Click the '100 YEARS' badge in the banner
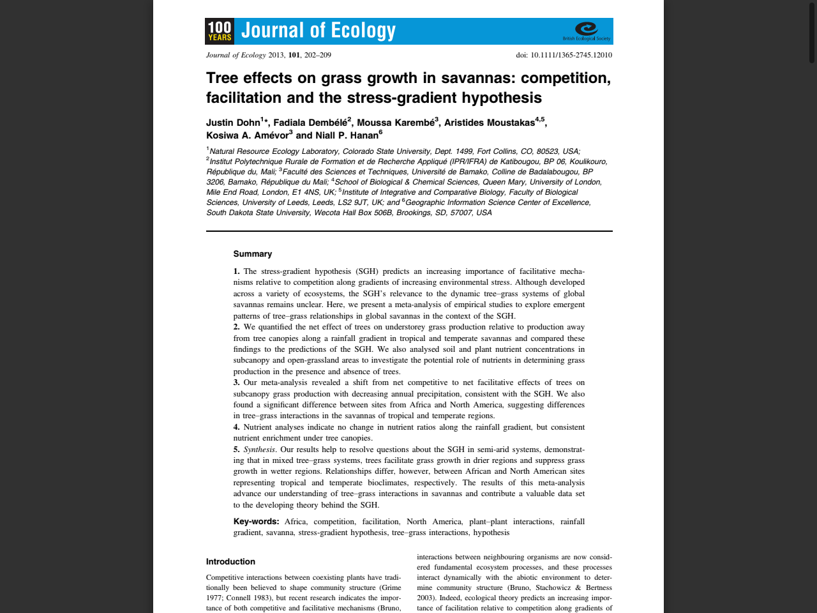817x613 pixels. click(x=220, y=31)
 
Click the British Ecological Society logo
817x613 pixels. click(x=587, y=31)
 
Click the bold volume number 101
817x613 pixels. click(x=294, y=55)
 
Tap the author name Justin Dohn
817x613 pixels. click(x=233, y=123)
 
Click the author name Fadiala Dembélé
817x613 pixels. click(x=310, y=123)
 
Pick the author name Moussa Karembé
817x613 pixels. click(x=396, y=123)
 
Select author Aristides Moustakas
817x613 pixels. click(x=490, y=123)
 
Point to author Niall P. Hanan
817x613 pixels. click(x=347, y=135)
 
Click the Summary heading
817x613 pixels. click(x=253, y=254)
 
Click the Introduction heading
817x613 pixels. click(x=230, y=562)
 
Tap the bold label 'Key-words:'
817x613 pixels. click(x=256, y=522)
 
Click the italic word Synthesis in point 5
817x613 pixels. click(x=259, y=450)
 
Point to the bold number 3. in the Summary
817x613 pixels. click(x=236, y=382)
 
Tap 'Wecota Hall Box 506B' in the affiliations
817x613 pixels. click(x=353, y=213)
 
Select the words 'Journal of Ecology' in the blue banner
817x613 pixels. click(x=319, y=31)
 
